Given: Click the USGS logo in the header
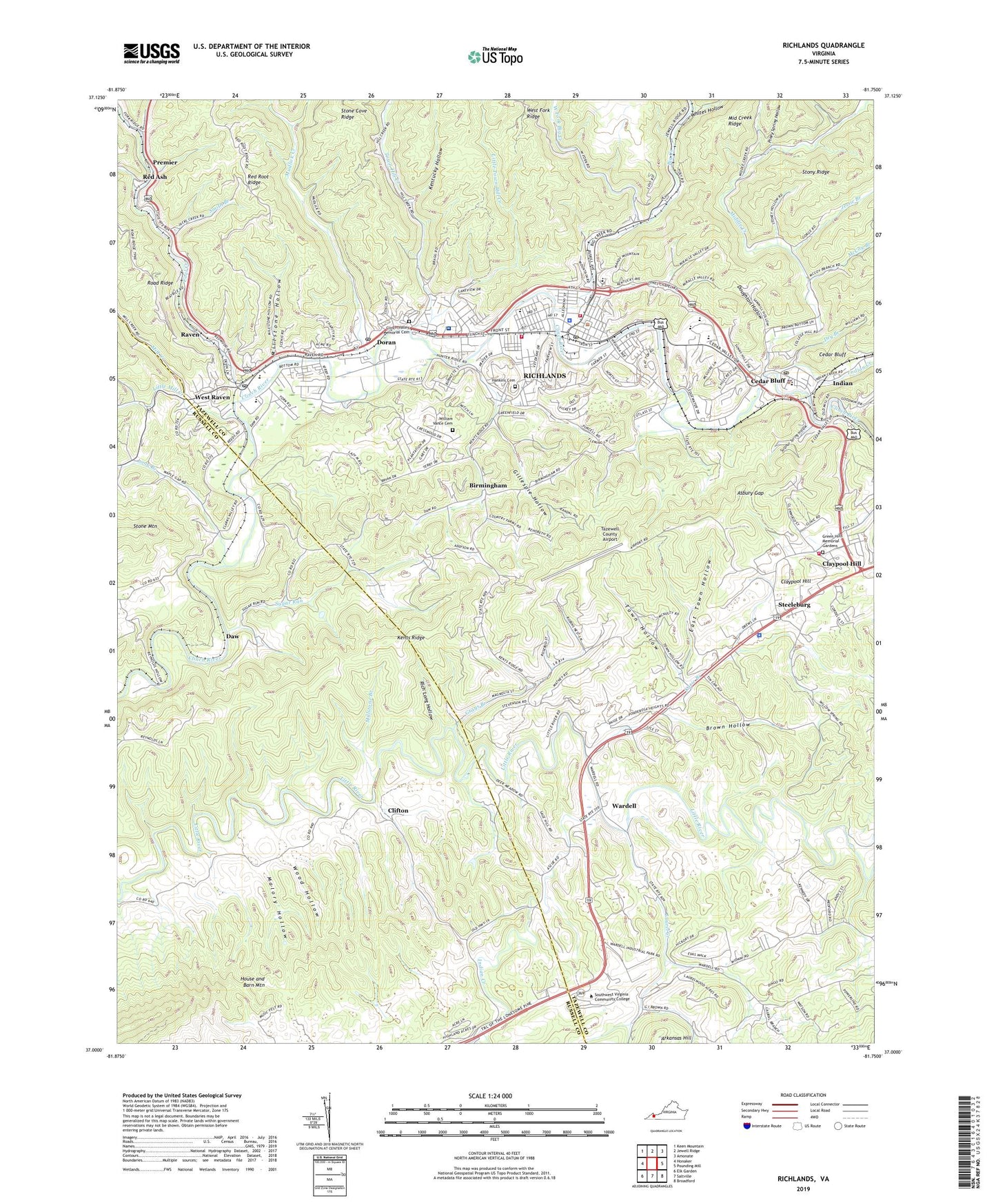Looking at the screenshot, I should [151, 53].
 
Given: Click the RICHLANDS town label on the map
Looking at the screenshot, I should [545, 376].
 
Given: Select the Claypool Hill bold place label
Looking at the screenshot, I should [841, 564].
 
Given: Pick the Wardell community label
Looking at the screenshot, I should [624, 805].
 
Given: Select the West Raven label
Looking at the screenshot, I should [212, 398].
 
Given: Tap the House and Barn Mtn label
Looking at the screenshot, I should [252, 982].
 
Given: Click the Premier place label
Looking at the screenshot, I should [165, 163].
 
